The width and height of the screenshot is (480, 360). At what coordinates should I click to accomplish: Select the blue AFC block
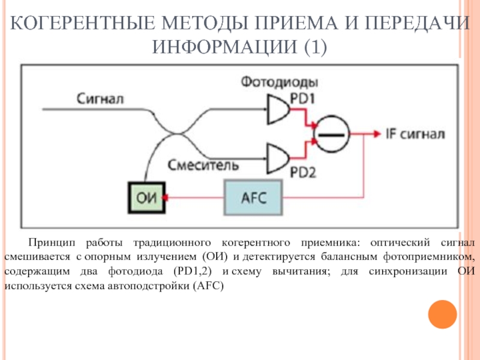(x=254, y=197)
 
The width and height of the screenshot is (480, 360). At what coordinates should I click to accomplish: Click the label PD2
(x=304, y=173)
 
